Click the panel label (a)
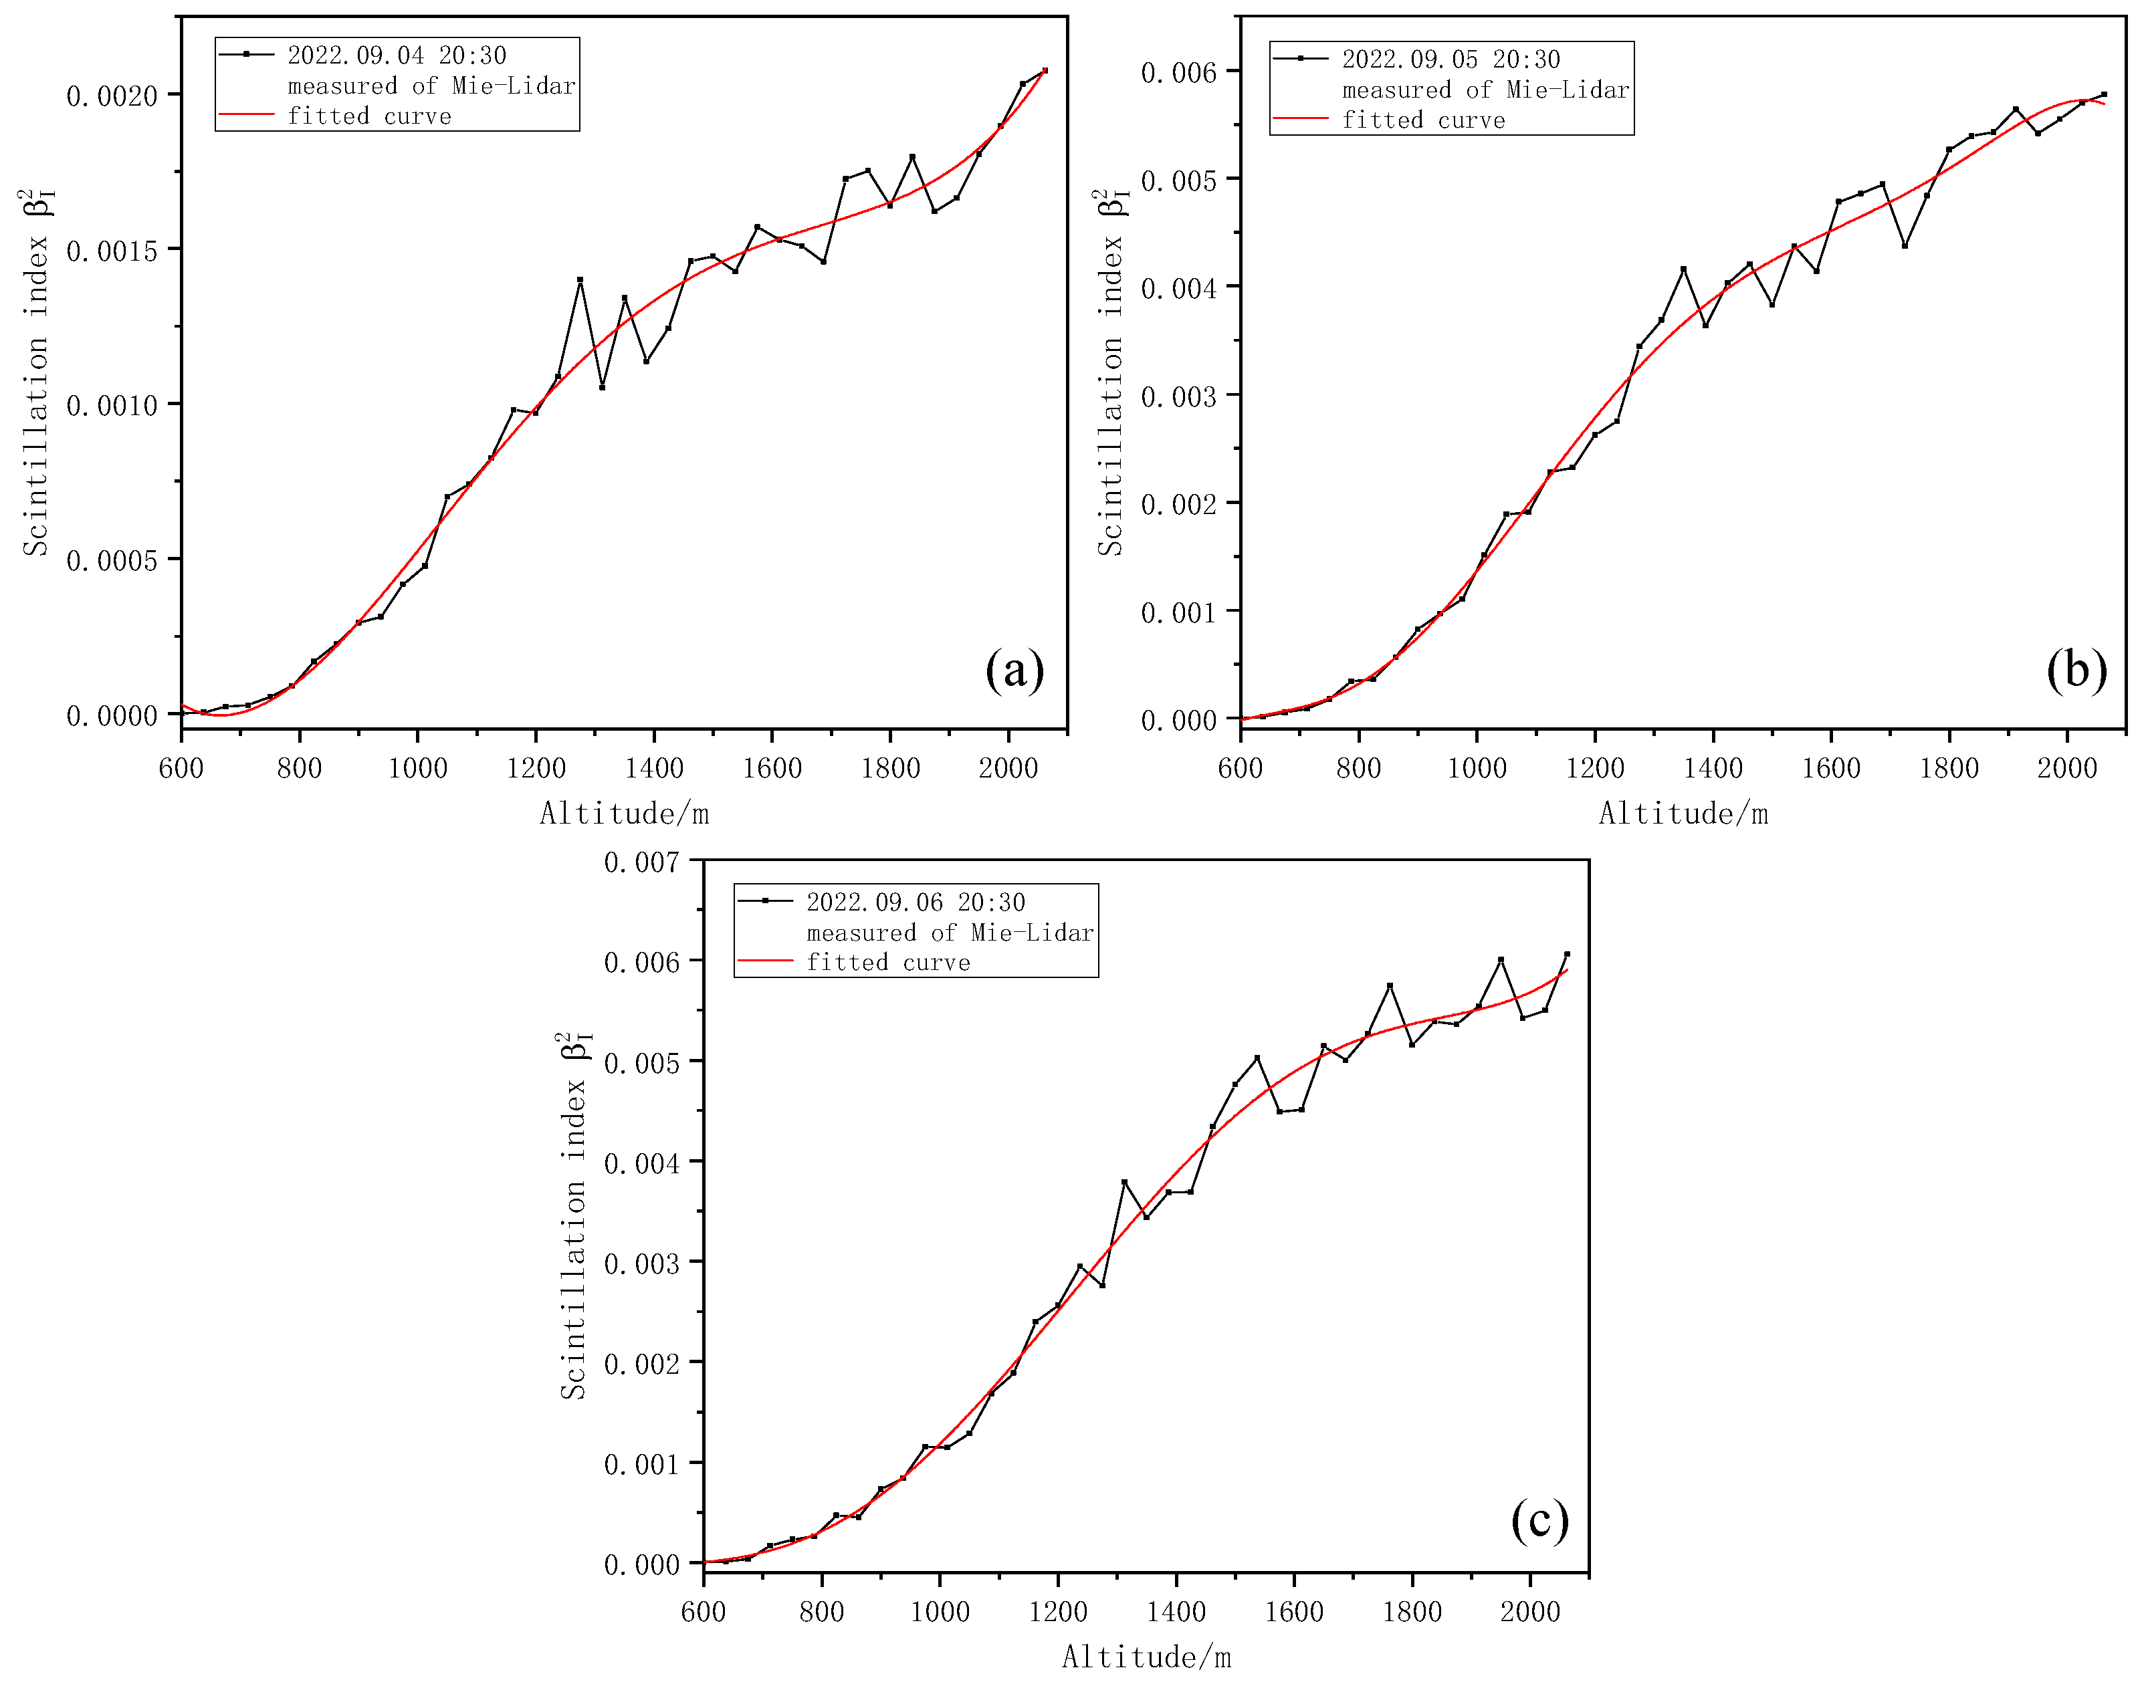pyautogui.click(x=1014, y=671)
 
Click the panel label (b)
pyautogui.click(x=2076, y=671)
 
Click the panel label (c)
pyautogui.click(x=1539, y=1519)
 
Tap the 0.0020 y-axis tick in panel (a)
pyautogui.click(x=112, y=96)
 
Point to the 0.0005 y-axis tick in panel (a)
pyautogui.click(x=112, y=560)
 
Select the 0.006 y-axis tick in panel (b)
pyautogui.click(x=1178, y=72)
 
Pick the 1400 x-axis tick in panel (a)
pyautogui.click(x=653, y=768)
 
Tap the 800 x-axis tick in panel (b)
pyautogui.click(x=1358, y=768)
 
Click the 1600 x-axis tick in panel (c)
pyautogui.click(x=1294, y=1612)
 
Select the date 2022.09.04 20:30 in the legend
pyautogui.click(x=397, y=55)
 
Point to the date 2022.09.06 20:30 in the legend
pyautogui.click(x=916, y=902)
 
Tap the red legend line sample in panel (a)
pyautogui.click(x=246, y=116)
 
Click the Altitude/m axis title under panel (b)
pyautogui.click(x=1683, y=814)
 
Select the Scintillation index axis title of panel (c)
pyautogui.click(x=574, y=1215)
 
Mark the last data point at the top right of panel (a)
pyautogui.click(x=1045, y=70)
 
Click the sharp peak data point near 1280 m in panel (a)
pyautogui.click(x=580, y=279)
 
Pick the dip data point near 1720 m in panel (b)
pyautogui.click(x=1905, y=245)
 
